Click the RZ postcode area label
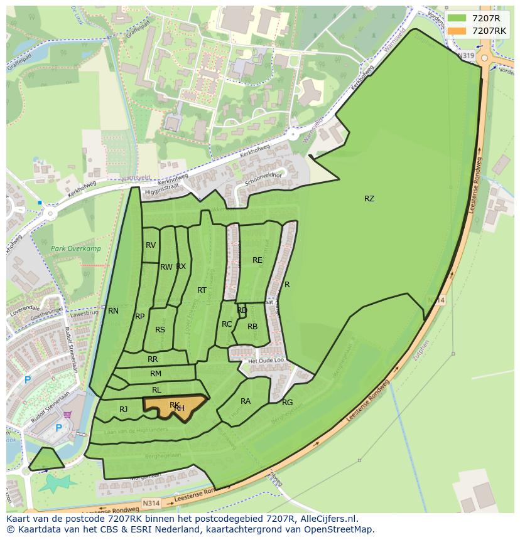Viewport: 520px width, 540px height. click(369, 199)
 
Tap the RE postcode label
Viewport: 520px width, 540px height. click(257, 260)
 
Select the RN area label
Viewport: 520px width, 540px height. click(113, 310)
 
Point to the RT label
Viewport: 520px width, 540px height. click(202, 290)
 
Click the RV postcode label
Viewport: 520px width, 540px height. click(151, 245)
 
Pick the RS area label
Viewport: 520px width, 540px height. click(160, 330)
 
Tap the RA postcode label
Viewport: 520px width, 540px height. click(246, 401)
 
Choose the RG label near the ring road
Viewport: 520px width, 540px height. click(287, 403)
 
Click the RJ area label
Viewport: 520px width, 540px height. click(124, 410)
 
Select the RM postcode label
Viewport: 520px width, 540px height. click(156, 374)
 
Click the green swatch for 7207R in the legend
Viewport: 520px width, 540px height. click(457, 18)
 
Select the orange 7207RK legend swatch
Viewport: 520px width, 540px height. click(457, 31)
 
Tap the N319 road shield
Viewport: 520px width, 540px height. click(466, 56)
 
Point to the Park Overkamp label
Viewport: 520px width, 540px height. click(76, 248)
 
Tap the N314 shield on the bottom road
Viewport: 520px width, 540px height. click(151, 503)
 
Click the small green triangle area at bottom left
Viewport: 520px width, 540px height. click(46, 460)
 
